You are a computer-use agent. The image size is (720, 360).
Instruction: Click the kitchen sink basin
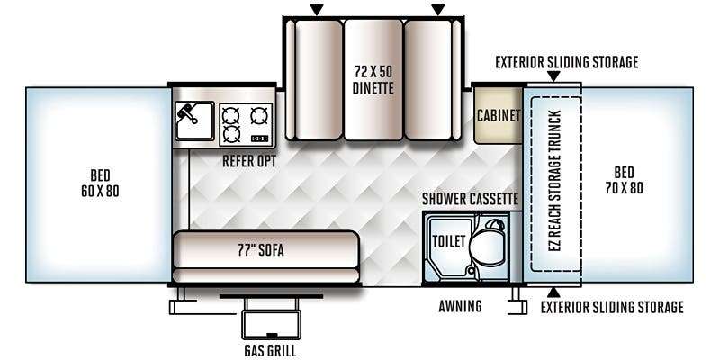point(194,121)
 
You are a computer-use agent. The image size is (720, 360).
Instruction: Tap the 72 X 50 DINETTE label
point(373,80)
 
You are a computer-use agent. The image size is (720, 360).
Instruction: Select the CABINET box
point(499,115)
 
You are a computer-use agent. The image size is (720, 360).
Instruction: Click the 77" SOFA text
point(260,250)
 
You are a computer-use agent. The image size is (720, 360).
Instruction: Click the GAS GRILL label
point(270,350)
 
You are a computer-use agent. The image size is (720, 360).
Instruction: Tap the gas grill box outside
point(271,325)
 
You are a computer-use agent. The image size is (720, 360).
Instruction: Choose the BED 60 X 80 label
point(100,183)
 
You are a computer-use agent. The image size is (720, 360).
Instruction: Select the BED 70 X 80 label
point(624,180)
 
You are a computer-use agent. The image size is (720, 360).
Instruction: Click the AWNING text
point(460,306)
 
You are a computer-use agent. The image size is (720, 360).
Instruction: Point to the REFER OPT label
point(249,161)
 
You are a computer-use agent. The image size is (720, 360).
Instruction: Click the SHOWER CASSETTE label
point(470,199)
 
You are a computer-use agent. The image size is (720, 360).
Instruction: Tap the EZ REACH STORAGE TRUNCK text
point(555,181)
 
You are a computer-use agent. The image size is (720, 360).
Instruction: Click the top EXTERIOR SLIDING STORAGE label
point(567,62)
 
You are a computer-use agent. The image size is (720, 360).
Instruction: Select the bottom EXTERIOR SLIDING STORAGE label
point(612,307)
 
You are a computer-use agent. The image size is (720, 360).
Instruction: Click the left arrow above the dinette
point(317,10)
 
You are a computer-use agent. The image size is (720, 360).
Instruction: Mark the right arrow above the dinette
point(438,10)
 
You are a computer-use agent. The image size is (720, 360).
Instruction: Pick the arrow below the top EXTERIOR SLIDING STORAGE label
point(553,76)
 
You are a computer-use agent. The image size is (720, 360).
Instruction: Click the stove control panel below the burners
point(260,139)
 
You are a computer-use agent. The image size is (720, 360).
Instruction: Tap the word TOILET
point(449,241)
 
